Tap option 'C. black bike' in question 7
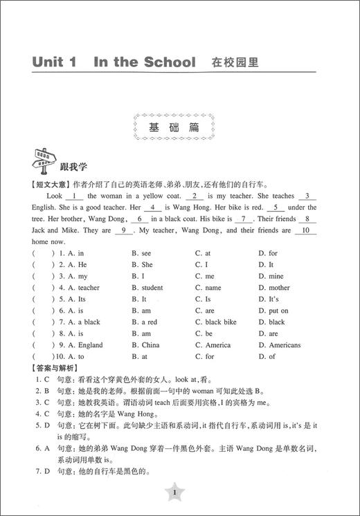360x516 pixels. [x=215, y=322]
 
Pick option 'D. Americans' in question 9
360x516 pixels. [x=279, y=345]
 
